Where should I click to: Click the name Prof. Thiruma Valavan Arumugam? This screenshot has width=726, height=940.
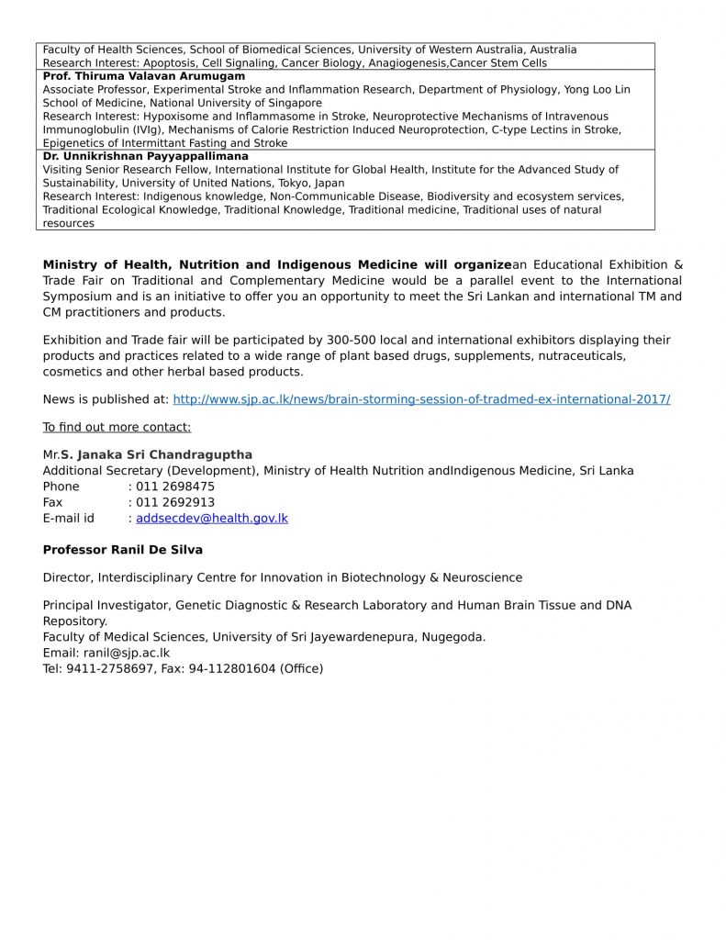144,76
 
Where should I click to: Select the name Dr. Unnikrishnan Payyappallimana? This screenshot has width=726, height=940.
146,156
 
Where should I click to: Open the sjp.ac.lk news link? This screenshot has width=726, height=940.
421,399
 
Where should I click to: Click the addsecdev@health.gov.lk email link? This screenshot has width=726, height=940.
212,518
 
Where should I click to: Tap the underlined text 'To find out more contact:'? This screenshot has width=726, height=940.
117,427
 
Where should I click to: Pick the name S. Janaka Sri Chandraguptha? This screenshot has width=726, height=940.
156,454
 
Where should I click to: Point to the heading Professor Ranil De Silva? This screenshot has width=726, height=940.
123,550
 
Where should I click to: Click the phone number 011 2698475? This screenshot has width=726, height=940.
175,487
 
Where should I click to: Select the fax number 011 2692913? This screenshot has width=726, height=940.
175,502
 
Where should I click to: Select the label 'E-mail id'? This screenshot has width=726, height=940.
69,518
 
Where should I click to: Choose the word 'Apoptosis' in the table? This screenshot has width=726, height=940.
170,63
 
